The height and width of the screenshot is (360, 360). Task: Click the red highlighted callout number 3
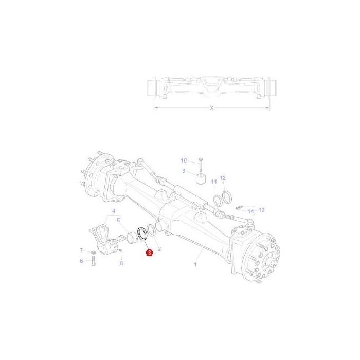click(x=149, y=253)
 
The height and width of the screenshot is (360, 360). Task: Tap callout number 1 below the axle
click(x=195, y=264)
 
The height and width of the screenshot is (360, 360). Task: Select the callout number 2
click(x=159, y=248)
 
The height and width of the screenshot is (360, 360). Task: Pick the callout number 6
click(x=81, y=261)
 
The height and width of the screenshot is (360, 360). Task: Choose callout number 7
click(x=81, y=250)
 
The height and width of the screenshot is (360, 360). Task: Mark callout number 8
click(x=121, y=263)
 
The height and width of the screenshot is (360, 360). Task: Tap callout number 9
click(x=183, y=171)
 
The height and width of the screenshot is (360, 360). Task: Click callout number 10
click(x=184, y=160)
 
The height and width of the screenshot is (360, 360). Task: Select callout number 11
click(x=213, y=182)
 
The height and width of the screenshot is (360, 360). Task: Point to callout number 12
click(x=222, y=178)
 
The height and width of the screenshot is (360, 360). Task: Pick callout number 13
click(x=261, y=210)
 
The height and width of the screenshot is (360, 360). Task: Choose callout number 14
click(x=251, y=211)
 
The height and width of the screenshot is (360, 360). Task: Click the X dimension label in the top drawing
click(x=212, y=107)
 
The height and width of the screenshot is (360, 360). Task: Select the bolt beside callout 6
click(x=93, y=262)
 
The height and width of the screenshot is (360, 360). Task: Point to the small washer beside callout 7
click(x=93, y=253)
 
